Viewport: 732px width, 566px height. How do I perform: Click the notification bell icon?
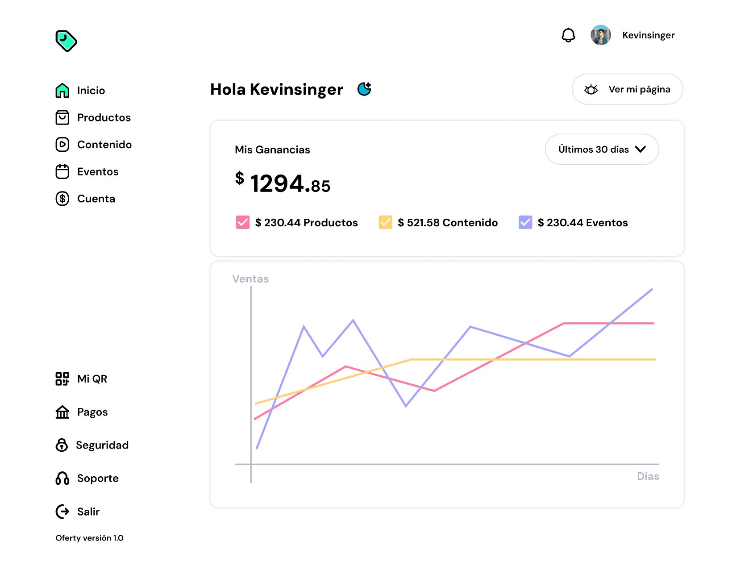(x=568, y=35)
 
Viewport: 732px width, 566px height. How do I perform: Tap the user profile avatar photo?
(x=601, y=35)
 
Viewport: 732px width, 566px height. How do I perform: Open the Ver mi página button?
(x=627, y=89)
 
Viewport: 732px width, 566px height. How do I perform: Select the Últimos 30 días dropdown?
(x=602, y=149)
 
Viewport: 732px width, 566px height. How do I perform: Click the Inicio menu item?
(x=80, y=90)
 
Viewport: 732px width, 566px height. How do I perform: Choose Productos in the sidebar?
(x=93, y=117)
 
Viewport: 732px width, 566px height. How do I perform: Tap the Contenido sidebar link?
(x=94, y=145)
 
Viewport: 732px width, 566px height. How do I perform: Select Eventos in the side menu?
(x=87, y=171)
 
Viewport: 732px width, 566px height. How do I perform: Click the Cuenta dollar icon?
(x=62, y=199)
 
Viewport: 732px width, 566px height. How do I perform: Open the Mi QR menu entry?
(x=81, y=379)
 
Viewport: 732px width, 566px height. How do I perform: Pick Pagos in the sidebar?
(x=82, y=412)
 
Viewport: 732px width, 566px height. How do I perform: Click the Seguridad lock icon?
(x=62, y=445)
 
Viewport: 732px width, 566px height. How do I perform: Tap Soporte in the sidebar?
(x=87, y=479)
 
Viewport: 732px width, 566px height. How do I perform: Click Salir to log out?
(x=78, y=512)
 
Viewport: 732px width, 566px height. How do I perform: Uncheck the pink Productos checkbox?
(x=242, y=222)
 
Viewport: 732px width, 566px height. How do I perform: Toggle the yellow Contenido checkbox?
(x=385, y=222)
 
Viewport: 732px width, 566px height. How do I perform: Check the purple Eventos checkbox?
(x=525, y=222)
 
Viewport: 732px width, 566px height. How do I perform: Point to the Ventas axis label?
(x=250, y=279)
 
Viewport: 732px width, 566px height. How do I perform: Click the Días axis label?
(x=648, y=476)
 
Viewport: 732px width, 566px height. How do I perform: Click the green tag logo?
(x=66, y=41)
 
